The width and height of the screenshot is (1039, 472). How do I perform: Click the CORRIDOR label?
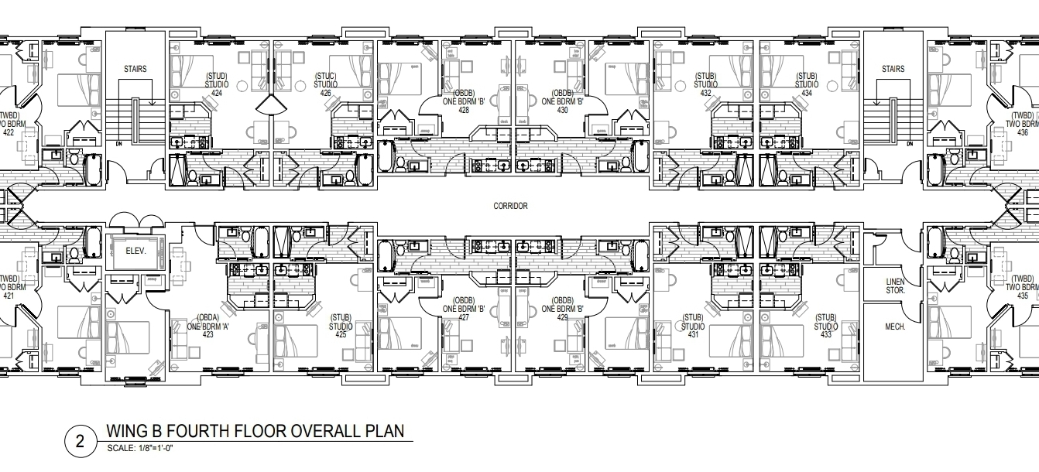[510, 206]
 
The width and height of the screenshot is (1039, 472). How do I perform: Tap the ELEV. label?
[136, 251]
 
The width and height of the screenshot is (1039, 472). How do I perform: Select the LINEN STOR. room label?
[895, 286]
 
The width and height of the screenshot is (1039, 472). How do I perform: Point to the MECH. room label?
[895, 327]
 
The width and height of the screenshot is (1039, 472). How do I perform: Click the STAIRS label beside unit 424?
[135, 69]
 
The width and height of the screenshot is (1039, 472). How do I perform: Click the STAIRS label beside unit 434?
[893, 69]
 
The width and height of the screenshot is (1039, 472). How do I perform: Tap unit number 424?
[217, 93]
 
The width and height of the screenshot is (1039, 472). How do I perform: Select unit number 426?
[326, 93]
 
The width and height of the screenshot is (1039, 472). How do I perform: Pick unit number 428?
[464, 110]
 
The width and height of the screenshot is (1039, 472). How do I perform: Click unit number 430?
[562, 110]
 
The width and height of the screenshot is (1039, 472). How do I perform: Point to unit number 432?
[705, 93]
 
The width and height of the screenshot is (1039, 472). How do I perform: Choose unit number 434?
[807, 93]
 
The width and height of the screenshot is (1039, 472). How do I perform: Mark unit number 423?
[207, 334]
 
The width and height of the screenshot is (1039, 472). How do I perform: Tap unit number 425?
[341, 334]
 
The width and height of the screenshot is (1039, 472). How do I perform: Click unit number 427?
[464, 317]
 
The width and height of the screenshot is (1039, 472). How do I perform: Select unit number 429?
[562, 317]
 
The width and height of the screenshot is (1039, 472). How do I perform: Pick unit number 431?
[693, 334]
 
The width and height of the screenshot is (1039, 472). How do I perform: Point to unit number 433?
[826, 334]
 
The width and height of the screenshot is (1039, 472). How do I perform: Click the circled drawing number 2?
[80, 441]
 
